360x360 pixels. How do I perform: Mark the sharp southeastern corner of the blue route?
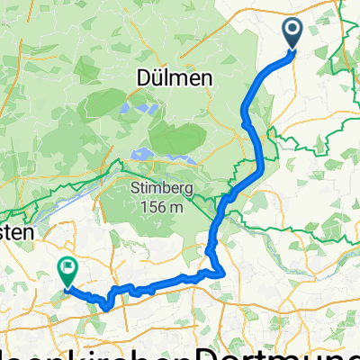222,273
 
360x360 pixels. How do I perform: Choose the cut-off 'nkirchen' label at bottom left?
90,353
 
